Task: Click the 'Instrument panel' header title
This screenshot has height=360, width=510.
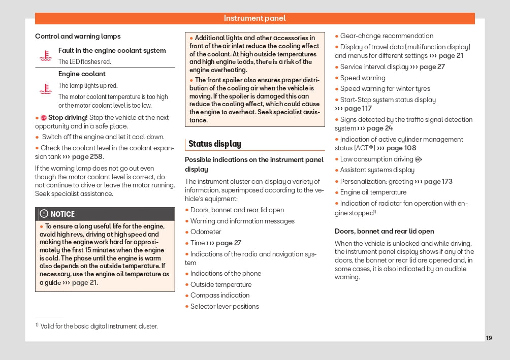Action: point(254,18)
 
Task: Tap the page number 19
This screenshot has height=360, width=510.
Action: point(489,338)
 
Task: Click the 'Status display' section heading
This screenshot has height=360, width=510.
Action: point(215,144)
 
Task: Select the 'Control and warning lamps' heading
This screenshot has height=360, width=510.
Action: point(78,36)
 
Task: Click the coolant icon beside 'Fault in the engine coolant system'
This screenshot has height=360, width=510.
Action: point(46,55)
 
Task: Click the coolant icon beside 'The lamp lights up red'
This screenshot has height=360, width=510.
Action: point(46,89)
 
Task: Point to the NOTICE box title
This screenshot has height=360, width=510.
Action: point(62,214)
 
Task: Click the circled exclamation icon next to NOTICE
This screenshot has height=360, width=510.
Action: point(44,214)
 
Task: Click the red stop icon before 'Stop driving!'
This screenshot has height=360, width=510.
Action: point(44,118)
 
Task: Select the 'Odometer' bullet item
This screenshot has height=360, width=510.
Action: point(206,232)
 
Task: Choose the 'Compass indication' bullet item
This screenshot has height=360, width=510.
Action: point(219,295)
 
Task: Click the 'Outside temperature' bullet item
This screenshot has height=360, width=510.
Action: point(220,284)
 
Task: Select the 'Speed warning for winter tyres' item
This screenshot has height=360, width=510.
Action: point(385,88)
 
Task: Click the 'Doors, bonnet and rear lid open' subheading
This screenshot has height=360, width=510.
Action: point(384,231)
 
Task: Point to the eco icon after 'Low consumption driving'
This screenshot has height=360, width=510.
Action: point(418,159)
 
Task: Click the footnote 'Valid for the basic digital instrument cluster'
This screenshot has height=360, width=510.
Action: point(99,326)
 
